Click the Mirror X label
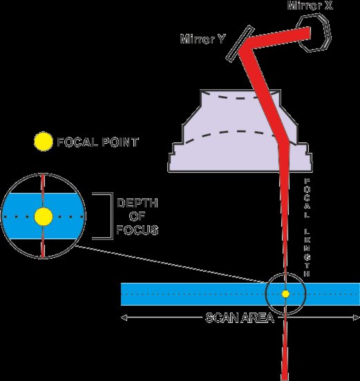tap(310, 6)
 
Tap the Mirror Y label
tap(203, 39)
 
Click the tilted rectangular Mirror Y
tap(240, 44)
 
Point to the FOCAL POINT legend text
tap(97, 142)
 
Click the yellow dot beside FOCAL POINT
tap(44, 142)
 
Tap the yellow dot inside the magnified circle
tap(44, 216)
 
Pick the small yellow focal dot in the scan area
tap(285, 294)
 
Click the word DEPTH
tap(138, 203)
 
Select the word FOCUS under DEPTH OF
tap(138, 230)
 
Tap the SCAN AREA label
tap(240, 317)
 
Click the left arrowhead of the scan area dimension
tap(124, 317)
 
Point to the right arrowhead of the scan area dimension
tap(357, 317)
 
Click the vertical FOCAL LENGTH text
tap(307, 227)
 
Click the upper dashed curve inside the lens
tap(240, 98)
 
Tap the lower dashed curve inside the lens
tap(233, 132)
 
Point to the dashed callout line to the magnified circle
tap(170, 264)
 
